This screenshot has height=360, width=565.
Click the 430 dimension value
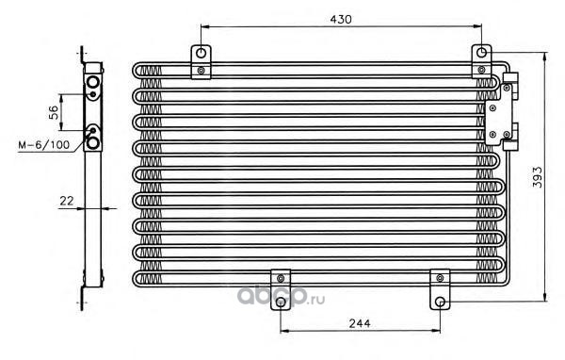click(x=341, y=19)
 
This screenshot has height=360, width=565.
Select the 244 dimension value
click(x=360, y=323)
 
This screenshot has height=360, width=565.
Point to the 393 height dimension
click(x=537, y=177)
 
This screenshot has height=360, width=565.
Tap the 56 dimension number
click(x=54, y=112)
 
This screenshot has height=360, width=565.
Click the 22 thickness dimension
click(x=66, y=201)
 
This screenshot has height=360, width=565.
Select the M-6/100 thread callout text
click(x=44, y=145)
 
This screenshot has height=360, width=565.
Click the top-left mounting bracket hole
click(x=202, y=54)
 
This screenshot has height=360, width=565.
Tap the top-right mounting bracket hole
click(x=482, y=53)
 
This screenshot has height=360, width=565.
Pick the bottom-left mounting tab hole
click(x=281, y=302)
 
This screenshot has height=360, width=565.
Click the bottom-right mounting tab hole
click(x=440, y=302)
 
